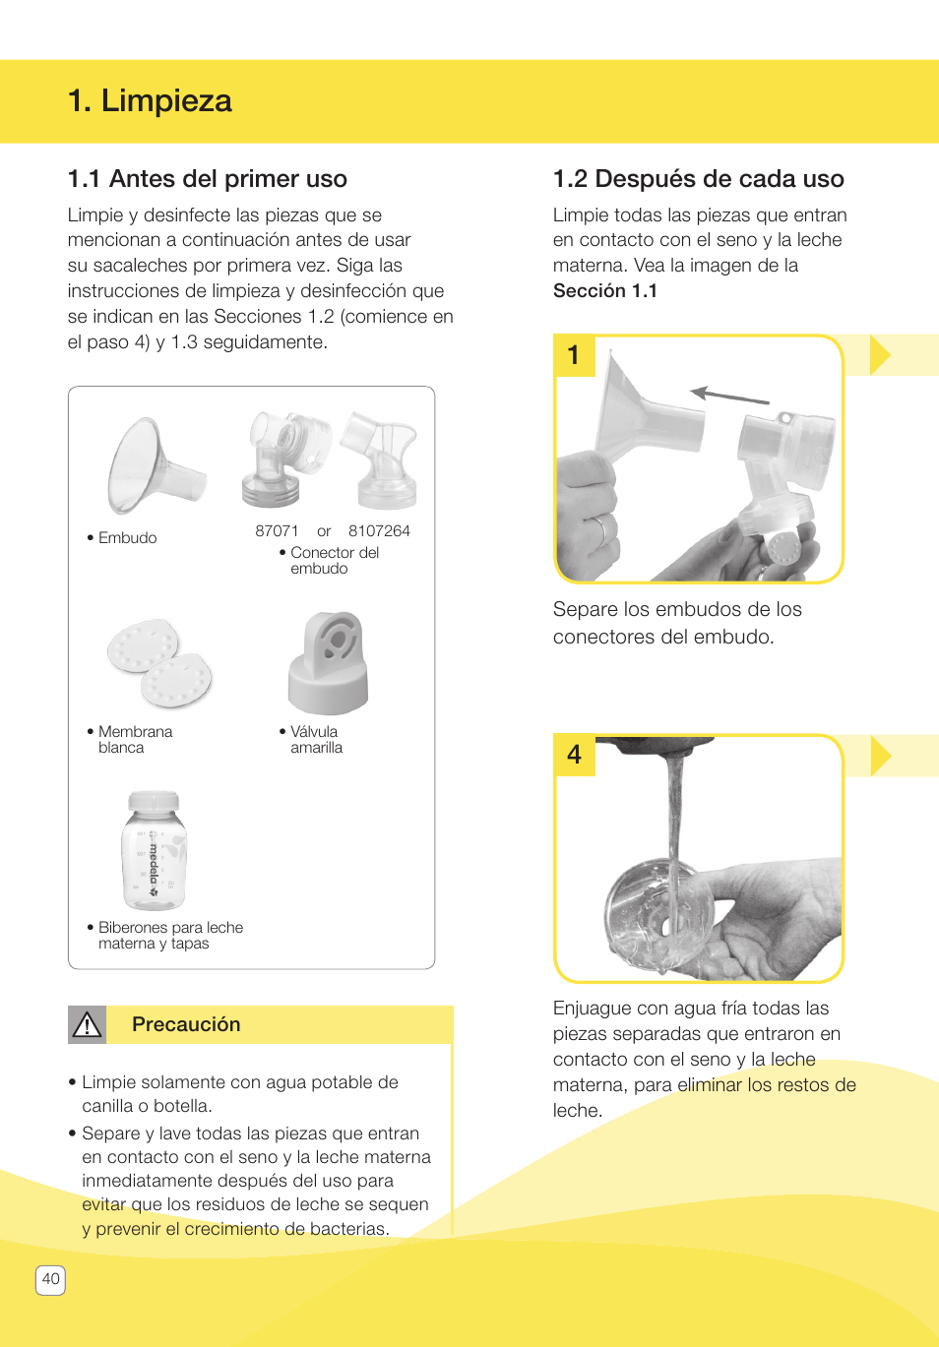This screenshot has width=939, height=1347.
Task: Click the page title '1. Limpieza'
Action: coord(150,100)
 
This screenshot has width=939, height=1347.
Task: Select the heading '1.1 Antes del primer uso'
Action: coord(207,179)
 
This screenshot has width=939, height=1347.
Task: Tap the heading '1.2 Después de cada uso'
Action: coord(698,179)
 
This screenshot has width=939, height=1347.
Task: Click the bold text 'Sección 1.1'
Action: coord(604,291)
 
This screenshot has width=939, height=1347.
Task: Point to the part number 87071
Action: coord(277,531)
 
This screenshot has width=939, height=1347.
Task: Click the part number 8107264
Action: coord(379,531)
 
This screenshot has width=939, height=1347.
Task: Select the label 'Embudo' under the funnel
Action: coord(127,538)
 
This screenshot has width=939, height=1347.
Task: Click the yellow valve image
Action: coord(329,663)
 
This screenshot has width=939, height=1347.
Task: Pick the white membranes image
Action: coord(159,663)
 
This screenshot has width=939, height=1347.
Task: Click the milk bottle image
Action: coord(155,851)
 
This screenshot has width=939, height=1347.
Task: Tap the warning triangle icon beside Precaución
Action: coord(88,1025)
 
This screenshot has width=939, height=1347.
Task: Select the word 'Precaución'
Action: coord(186,1025)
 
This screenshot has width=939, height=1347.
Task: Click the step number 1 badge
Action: coord(575,355)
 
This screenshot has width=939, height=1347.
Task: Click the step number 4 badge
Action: coord(575,755)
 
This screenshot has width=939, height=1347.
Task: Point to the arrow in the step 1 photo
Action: coord(729,396)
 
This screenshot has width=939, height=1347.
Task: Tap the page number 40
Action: coord(51,1280)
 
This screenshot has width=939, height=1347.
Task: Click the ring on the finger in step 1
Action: coord(599,531)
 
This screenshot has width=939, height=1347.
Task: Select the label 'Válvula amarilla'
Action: coord(316,740)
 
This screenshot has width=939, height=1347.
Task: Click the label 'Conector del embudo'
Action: coord(334,561)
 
